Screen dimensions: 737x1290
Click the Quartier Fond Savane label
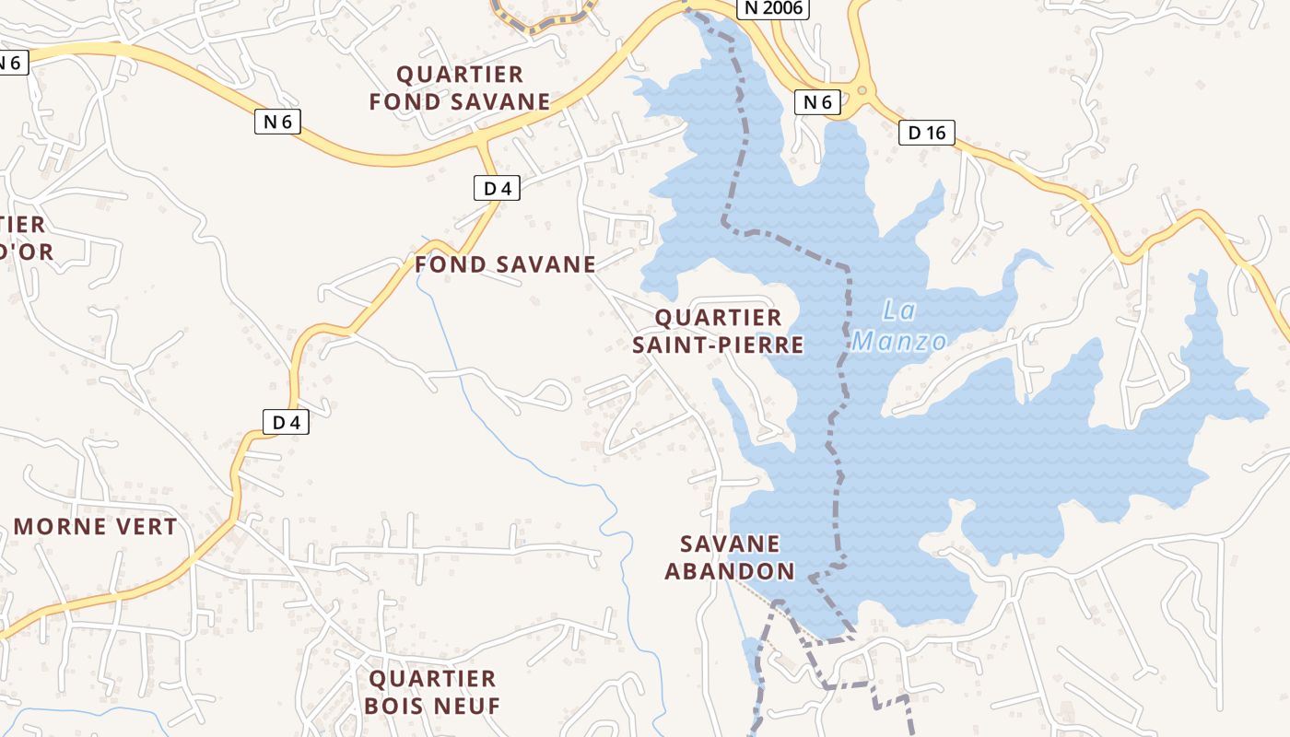(459, 88)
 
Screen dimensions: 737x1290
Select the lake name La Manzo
(898, 326)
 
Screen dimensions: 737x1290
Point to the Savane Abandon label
(730, 557)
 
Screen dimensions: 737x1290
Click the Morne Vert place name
(95, 527)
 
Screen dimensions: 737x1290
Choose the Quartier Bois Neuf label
(432, 693)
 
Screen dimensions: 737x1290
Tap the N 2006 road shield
(773, 8)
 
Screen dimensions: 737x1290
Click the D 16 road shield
(926, 133)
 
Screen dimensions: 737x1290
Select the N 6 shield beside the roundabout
(817, 102)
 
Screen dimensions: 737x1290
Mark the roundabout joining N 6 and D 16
(862, 90)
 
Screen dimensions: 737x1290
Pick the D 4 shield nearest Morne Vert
(287, 423)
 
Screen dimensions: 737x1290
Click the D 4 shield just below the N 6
(497, 189)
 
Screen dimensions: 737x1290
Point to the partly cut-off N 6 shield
(11, 63)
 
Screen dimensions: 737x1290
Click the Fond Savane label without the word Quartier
(505, 264)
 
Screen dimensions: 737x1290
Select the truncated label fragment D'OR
(26, 252)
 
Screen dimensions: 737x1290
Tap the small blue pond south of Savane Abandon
(751, 661)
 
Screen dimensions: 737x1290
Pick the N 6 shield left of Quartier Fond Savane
(277, 121)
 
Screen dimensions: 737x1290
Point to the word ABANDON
(730, 571)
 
